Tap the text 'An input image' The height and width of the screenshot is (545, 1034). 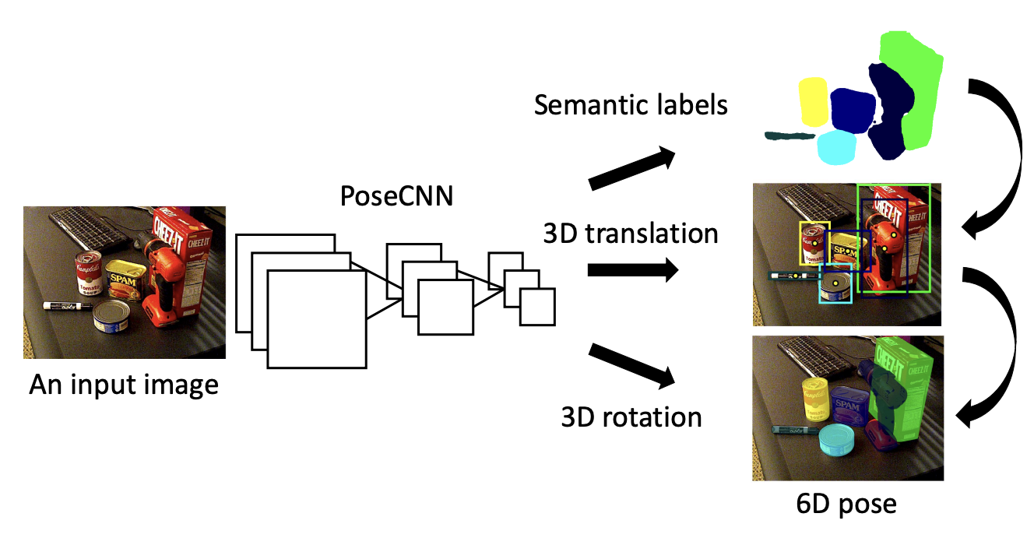[x=123, y=385]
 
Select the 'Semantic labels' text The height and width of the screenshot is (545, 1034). [x=631, y=104]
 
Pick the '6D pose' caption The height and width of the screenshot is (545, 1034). [x=847, y=504]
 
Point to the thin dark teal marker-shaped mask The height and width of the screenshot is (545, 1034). [x=790, y=137]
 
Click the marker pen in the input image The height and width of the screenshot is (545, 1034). [x=66, y=306]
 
